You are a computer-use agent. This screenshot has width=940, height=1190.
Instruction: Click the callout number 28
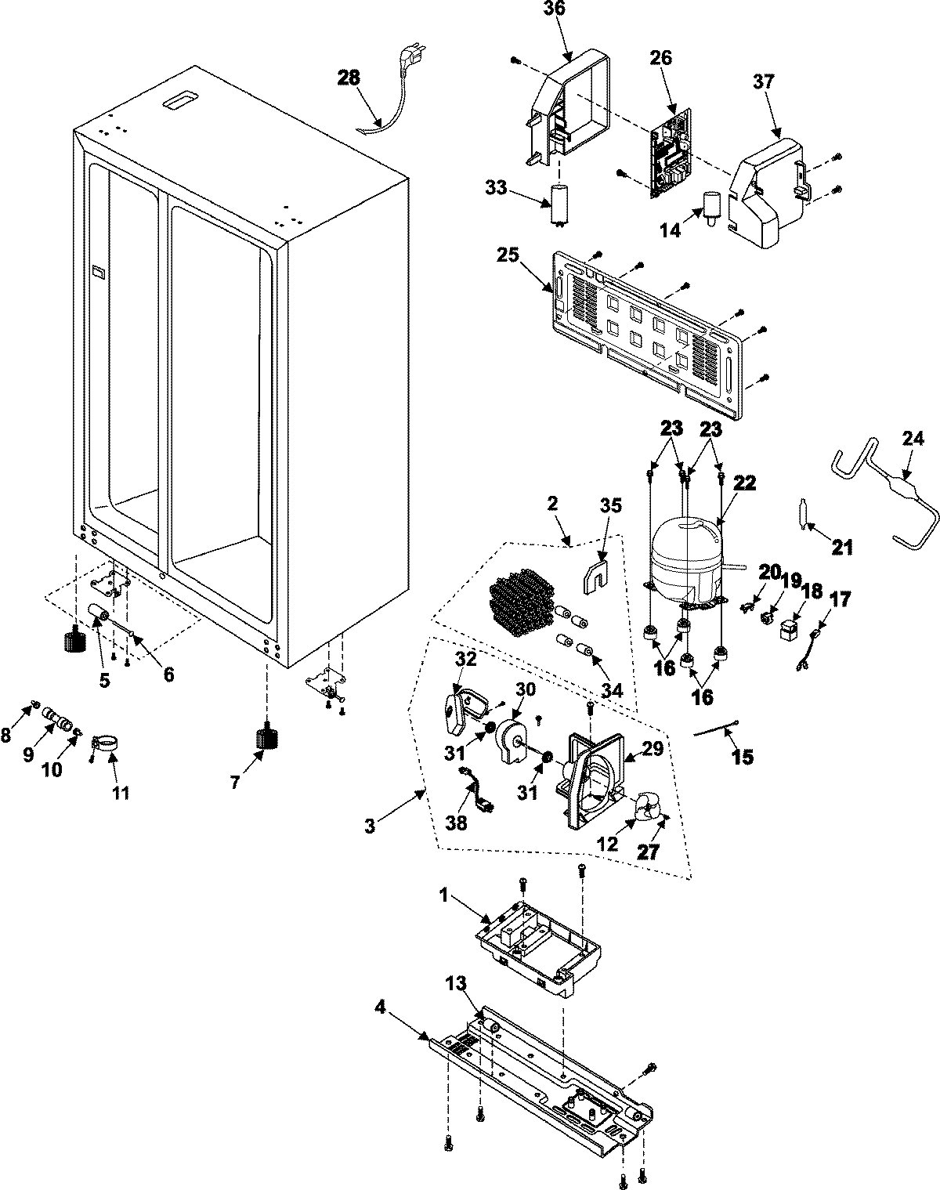349,78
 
